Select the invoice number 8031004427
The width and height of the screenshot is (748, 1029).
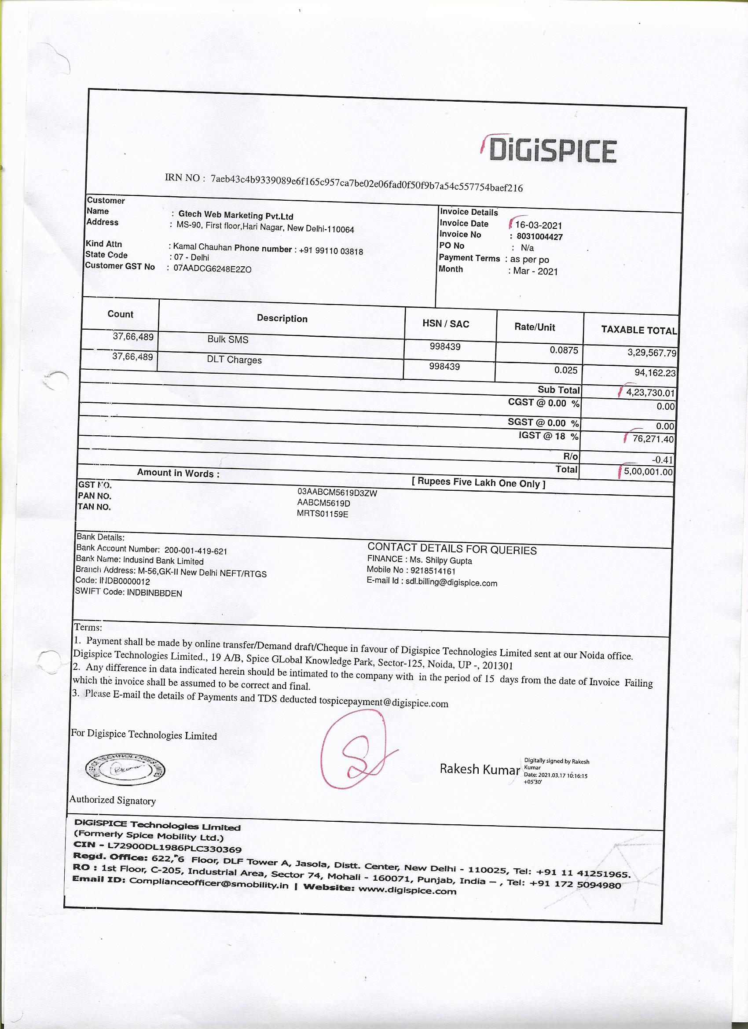(x=539, y=236)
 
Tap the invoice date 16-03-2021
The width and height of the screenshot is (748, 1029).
(x=539, y=225)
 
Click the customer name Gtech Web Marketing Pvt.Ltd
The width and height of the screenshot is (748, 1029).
(x=236, y=215)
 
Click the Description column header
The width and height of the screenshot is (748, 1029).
(x=282, y=319)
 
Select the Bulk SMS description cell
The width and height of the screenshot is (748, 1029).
(x=228, y=339)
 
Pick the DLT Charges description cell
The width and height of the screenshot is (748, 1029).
(x=234, y=360)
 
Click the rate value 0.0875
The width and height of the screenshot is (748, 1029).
(x=564, y=350)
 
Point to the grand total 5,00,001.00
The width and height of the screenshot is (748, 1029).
(x=648, y=472)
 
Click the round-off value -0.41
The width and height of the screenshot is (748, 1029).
(x=662, y=459)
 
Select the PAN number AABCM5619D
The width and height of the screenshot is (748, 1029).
(x=323, y=503)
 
